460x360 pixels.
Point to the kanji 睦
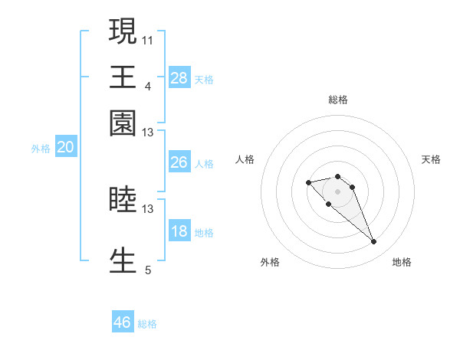click(x=123, y=201)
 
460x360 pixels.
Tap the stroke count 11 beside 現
click(x=148, y=39)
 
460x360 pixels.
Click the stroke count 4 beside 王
click(x=148, y=85)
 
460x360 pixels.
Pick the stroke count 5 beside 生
click(x=148, y=270)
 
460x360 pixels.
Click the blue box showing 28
click(x=179, y=77)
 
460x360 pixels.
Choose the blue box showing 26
click(x=179, y=162)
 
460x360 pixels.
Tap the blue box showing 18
click(x=179, y=232)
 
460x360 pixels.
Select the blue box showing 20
click(x=65, y=148)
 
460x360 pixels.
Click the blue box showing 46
click(x=122, y=322)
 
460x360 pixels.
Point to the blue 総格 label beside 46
click(x=147, y=324)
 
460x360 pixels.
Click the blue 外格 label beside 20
click(x=41, y=149)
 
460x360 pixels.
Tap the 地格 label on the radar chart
click(x=402, y=262)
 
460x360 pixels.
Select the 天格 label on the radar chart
click(x=431, y=159)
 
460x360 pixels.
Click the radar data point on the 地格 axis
click(x=373, y=242)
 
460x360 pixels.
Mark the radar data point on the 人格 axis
click(x=308, y=182)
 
